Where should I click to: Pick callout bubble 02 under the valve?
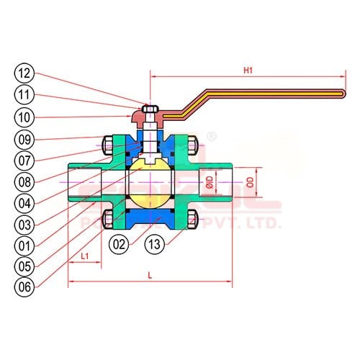point(121,243)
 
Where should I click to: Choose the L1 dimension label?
point(84,256)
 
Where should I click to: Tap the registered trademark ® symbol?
point(211,135)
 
